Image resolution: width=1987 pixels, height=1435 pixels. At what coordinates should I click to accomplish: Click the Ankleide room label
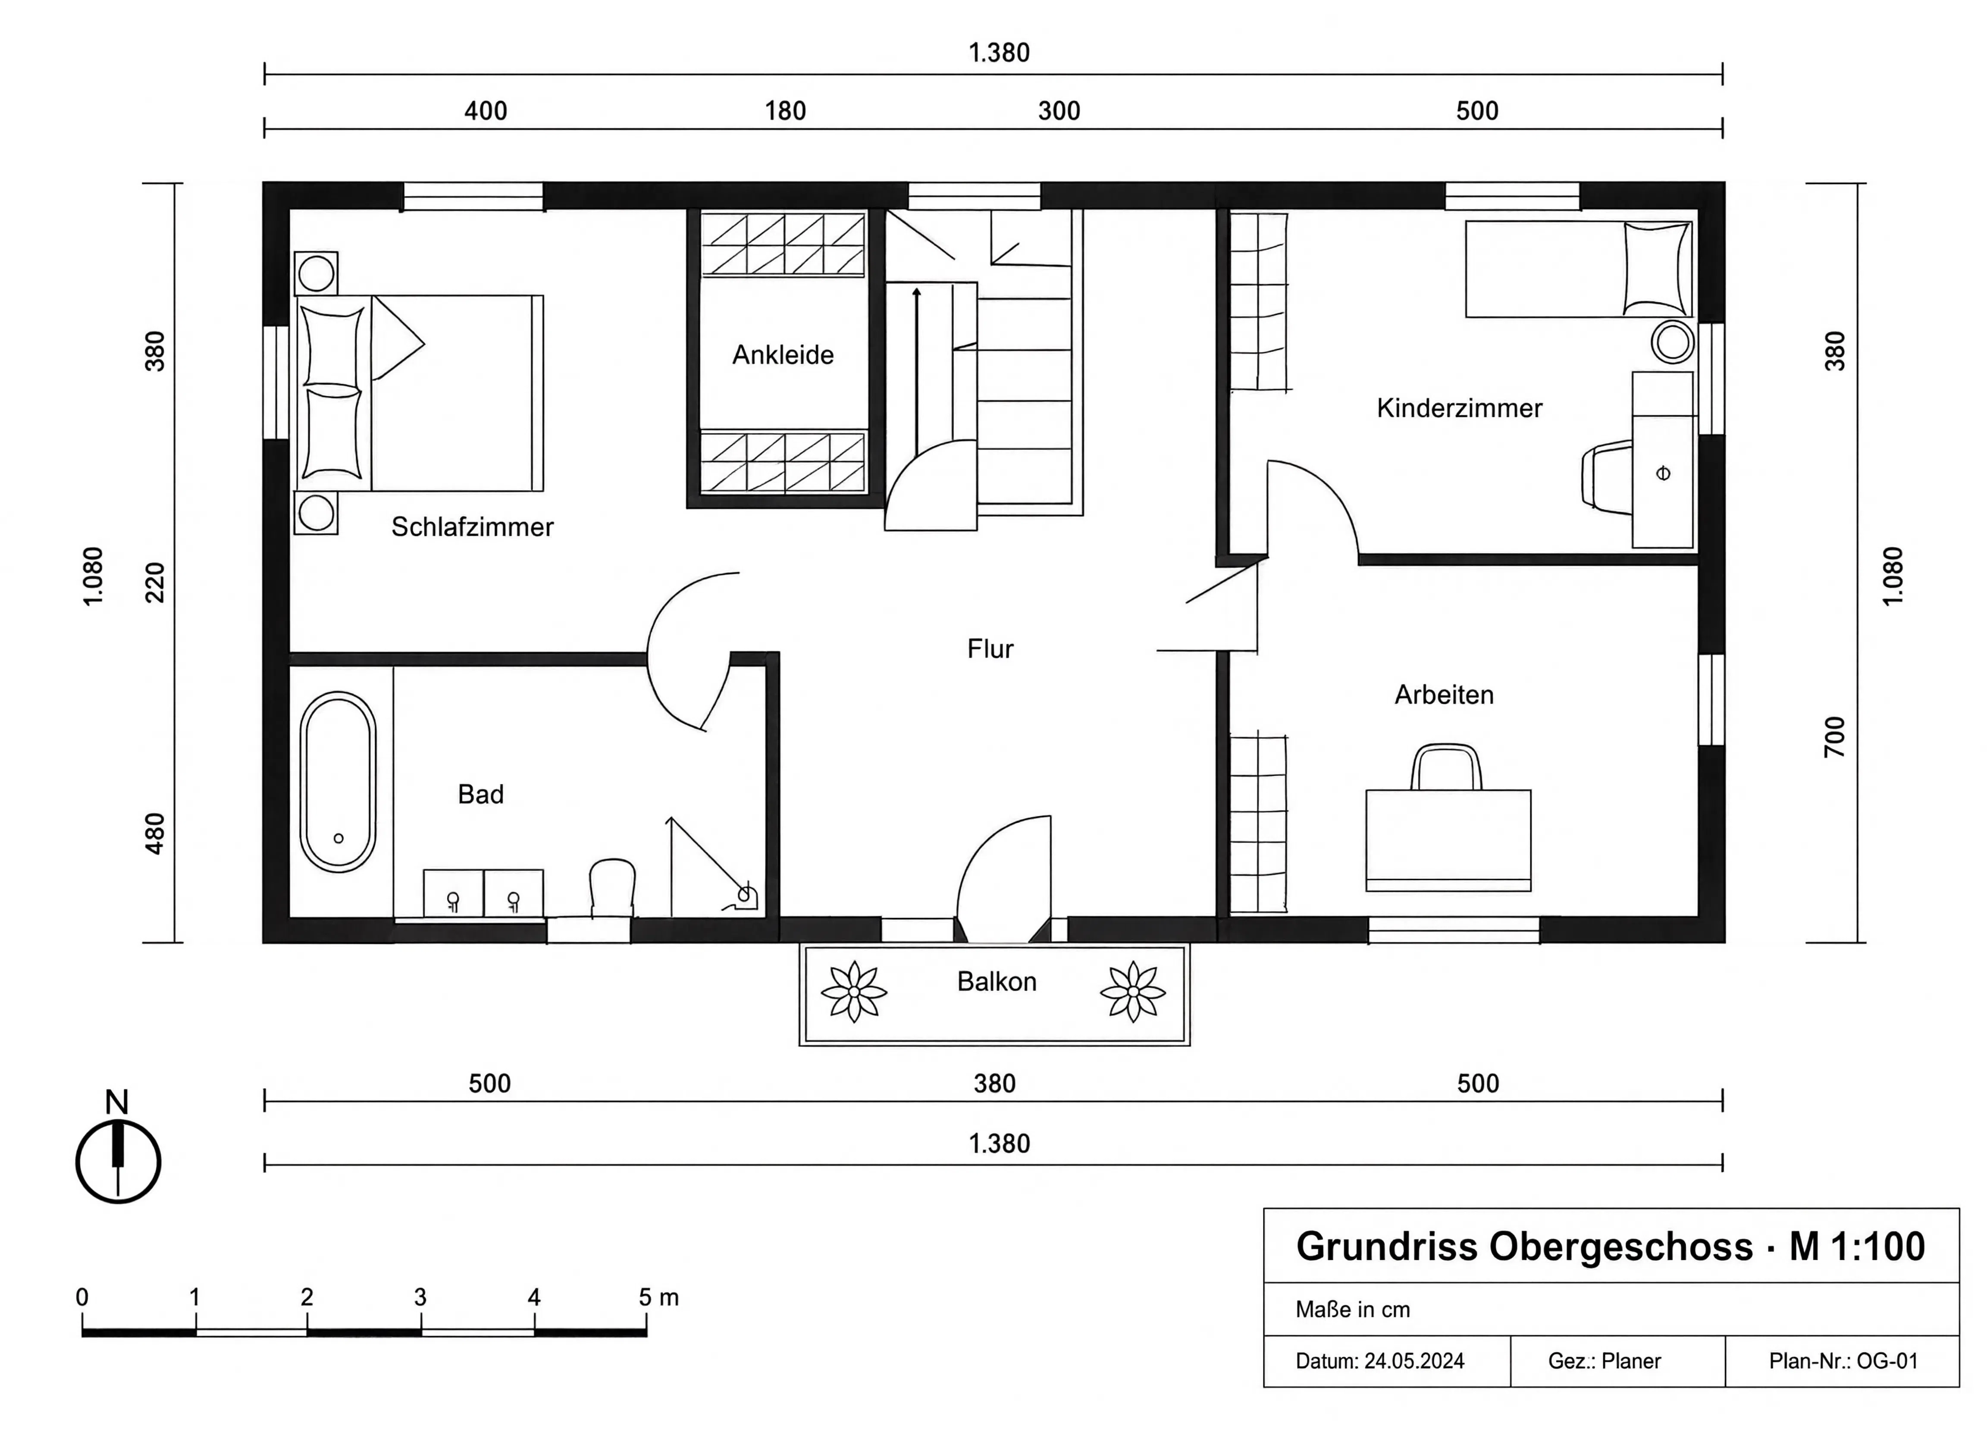pos(782,355)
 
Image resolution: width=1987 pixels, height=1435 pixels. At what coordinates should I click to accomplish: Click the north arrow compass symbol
pos(118,1161)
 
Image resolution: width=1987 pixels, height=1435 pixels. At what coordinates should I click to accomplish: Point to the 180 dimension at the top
pos(785,111)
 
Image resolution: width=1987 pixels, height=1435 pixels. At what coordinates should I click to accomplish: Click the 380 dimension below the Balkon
pos(994,1084)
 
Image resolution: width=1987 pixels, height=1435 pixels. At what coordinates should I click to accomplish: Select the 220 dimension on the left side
pos(154,583)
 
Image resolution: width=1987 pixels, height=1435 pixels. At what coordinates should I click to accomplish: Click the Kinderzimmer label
pos(1459,408)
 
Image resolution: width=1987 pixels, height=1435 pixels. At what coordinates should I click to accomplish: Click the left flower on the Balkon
pos(853,992)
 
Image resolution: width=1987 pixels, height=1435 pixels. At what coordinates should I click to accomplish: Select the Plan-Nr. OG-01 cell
pos(1843,1361)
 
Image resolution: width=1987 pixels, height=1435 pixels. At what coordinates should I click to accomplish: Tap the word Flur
pos(990,649)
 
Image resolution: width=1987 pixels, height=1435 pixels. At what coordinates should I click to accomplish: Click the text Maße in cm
pos(1353,1310)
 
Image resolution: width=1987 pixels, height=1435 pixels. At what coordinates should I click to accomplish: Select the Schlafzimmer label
pos(472,527)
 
